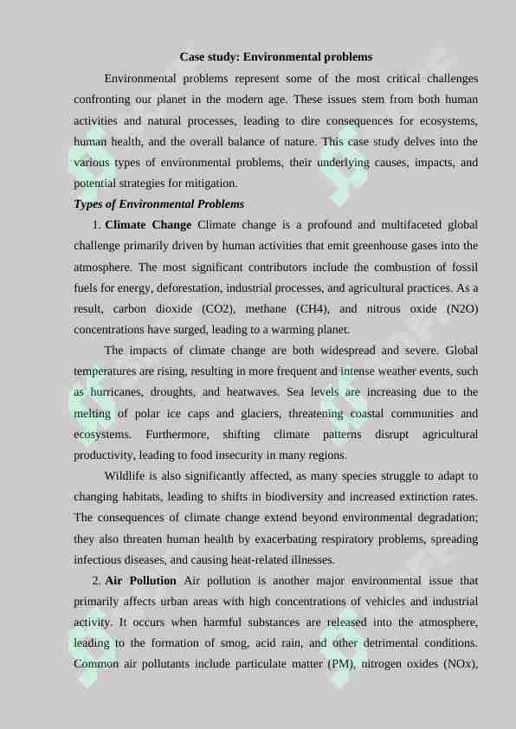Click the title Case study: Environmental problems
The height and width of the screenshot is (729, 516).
click(x=275, y=57)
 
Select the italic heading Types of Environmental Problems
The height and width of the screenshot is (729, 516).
click(x=158, y=204)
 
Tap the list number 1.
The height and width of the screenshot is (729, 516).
click(x=95, y=225)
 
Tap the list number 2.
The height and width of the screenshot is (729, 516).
click(x=95, y=580)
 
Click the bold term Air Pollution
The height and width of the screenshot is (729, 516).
click(x=140, y=580)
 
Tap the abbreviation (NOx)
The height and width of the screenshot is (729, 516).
click(x=456, y=664)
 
